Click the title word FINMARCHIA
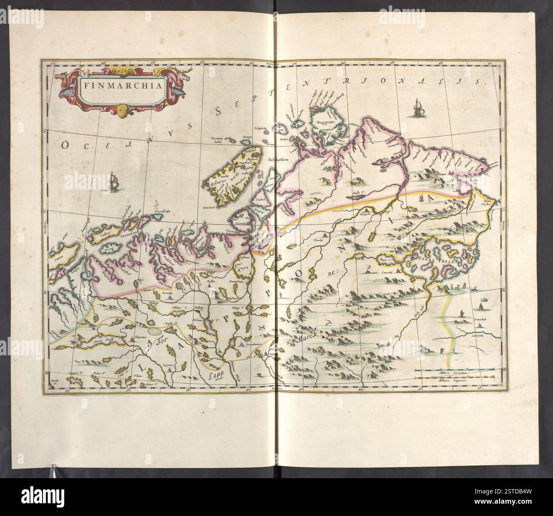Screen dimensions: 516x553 119,84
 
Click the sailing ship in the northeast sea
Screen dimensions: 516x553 417,108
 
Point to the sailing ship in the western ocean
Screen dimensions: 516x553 114,182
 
